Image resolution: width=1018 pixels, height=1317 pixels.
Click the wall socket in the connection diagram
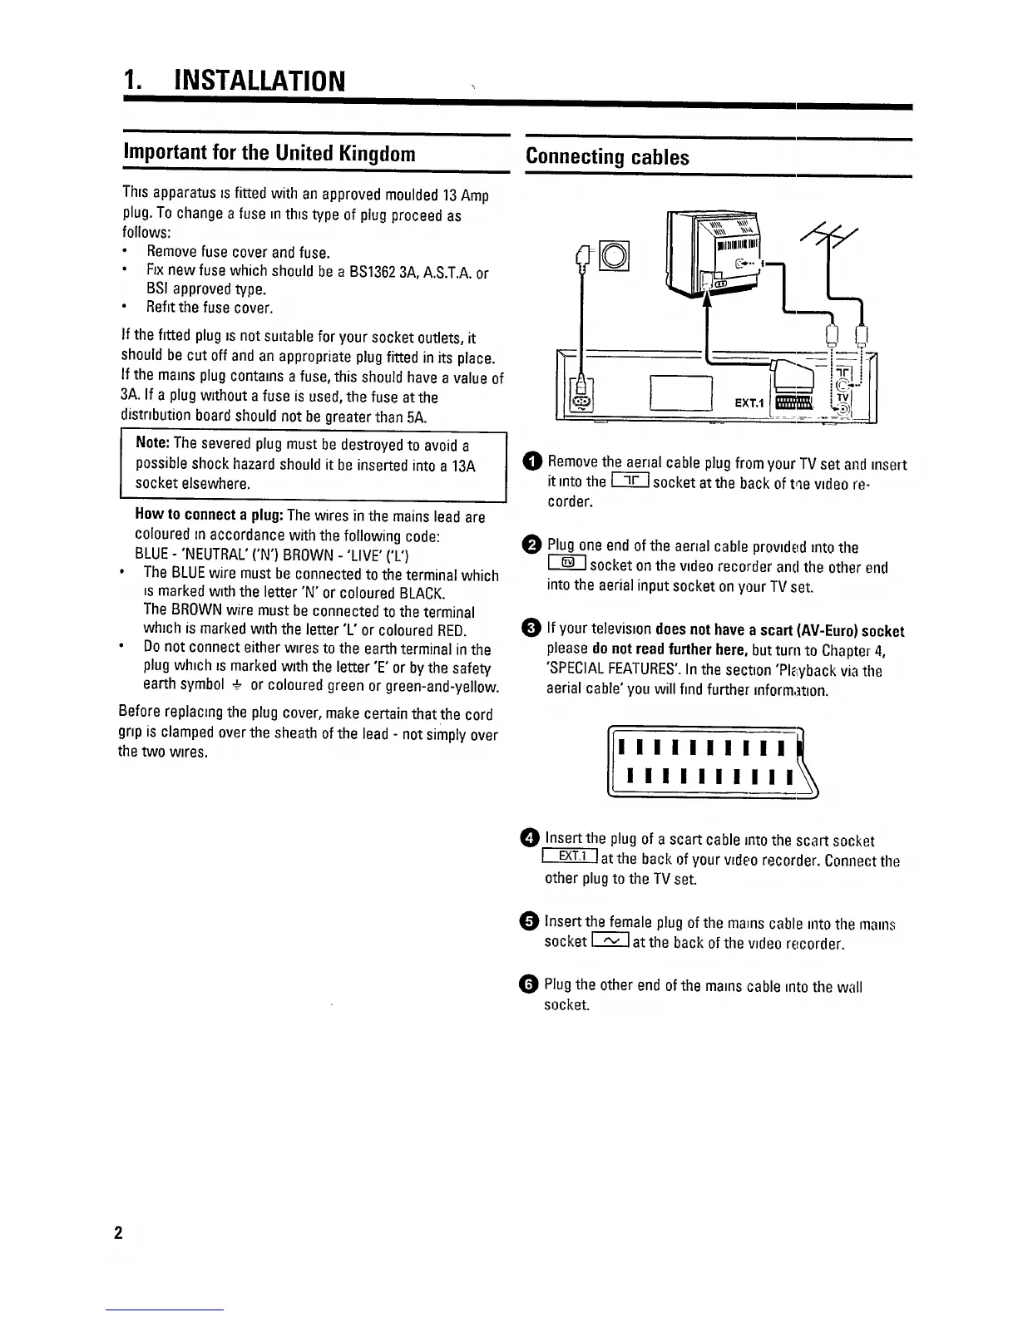tap(616, 255)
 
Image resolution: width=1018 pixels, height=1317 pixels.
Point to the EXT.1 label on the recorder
tap(749, 403)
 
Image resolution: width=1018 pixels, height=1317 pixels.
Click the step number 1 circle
tap(531, 462)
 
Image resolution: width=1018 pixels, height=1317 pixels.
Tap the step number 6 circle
tap(531, 985)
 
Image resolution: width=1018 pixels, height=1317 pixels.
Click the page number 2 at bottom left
tap(118, 1232)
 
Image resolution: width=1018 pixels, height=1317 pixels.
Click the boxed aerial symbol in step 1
tap(630, 481)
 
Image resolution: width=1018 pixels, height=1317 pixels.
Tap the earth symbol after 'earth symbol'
tap(237, 685)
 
